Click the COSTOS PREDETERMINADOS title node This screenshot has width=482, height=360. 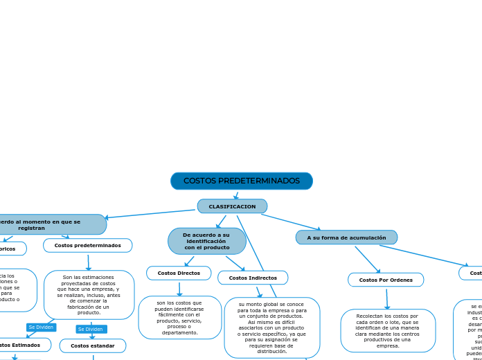click(241, 181)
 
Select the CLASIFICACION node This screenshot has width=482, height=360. click(232, 206)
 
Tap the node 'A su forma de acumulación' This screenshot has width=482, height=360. click(346, 237)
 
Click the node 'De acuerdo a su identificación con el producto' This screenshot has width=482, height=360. click(206, 241)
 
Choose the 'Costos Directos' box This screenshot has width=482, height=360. click(179, 273)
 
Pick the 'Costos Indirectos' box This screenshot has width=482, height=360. click(253, 278)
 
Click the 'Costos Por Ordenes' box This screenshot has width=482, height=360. click(386, 280)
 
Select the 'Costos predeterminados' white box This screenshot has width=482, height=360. click(87, 245)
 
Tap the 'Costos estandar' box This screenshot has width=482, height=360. click(93, 345)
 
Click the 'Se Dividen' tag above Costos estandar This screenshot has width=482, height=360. click(91, 329)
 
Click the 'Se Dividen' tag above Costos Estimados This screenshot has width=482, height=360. click(41, 327)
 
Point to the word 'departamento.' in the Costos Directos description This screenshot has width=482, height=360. click(180, 332)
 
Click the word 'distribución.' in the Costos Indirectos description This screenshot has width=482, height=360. click(272, 351)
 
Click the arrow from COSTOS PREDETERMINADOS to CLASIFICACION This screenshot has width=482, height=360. click(236, 195)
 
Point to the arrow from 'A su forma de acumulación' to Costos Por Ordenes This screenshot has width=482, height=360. click(368, 260)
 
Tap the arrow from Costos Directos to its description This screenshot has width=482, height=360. click(179, 288)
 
